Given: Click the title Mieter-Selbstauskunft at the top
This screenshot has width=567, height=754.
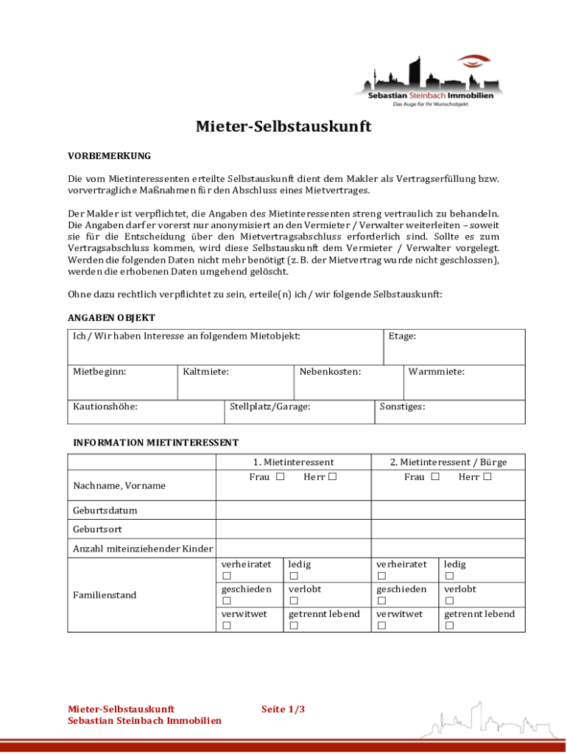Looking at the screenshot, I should [x=283, y=127].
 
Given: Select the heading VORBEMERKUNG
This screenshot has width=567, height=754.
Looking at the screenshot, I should [x=109, y=156].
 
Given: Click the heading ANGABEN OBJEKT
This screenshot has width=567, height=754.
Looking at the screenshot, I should [x=111, y=318].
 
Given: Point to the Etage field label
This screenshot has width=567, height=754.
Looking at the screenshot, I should [x=402, y=337].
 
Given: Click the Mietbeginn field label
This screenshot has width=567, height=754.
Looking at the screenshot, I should [x=99, y=372].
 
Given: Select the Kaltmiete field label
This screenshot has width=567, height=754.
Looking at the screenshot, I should [x=205, y=372].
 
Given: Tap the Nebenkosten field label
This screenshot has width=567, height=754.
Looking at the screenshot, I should [x=330, y=372].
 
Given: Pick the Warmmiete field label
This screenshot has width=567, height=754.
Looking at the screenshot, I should [x=436, y=372].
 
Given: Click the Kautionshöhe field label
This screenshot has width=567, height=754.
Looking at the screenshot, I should [x=105, y=406].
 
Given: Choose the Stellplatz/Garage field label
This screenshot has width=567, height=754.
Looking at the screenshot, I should [x=270, y=406].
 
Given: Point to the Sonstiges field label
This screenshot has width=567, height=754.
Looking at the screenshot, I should [x=402, y=406].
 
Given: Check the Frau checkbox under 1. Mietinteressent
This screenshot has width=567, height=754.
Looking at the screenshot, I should [x=281, y=477].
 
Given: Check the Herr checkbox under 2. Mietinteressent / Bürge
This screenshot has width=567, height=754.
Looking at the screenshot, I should [x=487, y=477].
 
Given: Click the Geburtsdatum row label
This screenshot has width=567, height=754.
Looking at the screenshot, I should [x=105, y=510].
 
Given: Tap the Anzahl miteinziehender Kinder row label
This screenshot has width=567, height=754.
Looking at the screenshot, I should [x=143, y=549].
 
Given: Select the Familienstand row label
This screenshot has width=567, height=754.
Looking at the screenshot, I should [x=105, y=595].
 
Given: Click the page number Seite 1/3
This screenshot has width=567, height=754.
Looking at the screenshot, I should [x=283, y=709].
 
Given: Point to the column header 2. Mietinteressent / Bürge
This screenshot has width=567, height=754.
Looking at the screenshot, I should [x=448, y=462].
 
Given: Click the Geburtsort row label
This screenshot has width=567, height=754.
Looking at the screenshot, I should [x=97, y=529].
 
